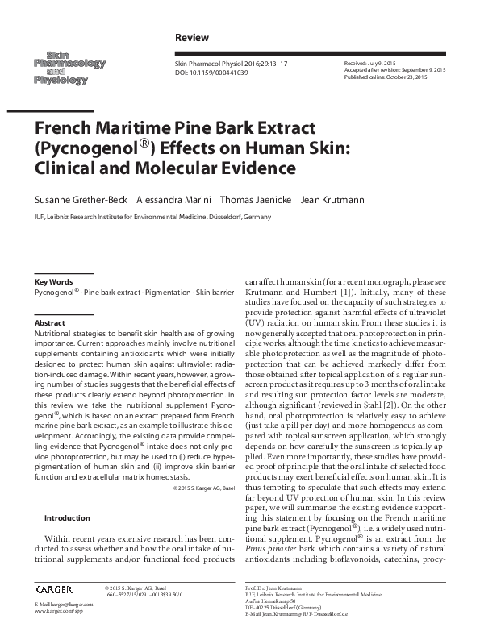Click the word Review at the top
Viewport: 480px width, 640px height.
pos(191,38)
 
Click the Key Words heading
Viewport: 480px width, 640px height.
pos(54,281)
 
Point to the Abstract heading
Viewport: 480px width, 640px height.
pos(50,322)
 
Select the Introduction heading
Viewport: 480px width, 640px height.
pos(67,517)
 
